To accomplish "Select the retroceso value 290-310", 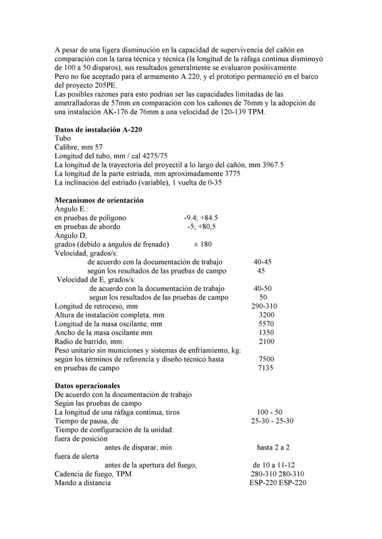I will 265,306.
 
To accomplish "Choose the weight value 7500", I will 266,359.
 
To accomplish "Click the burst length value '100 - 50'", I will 269,411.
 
